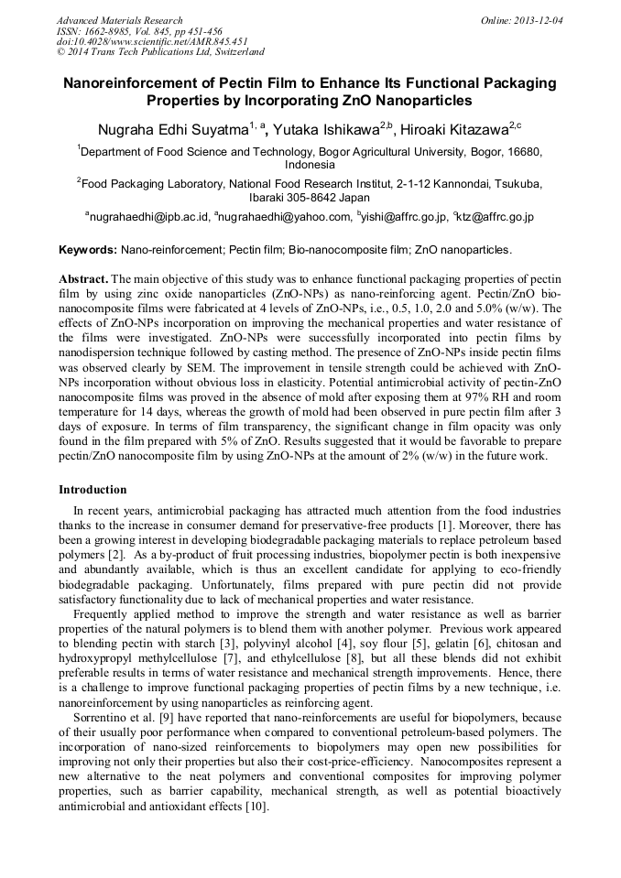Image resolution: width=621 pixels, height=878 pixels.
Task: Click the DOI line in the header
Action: coord(151,42)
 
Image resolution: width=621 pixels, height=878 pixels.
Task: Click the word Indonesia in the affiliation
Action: coord(310,166)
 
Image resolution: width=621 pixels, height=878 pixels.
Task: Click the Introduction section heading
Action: coord(93,490)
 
